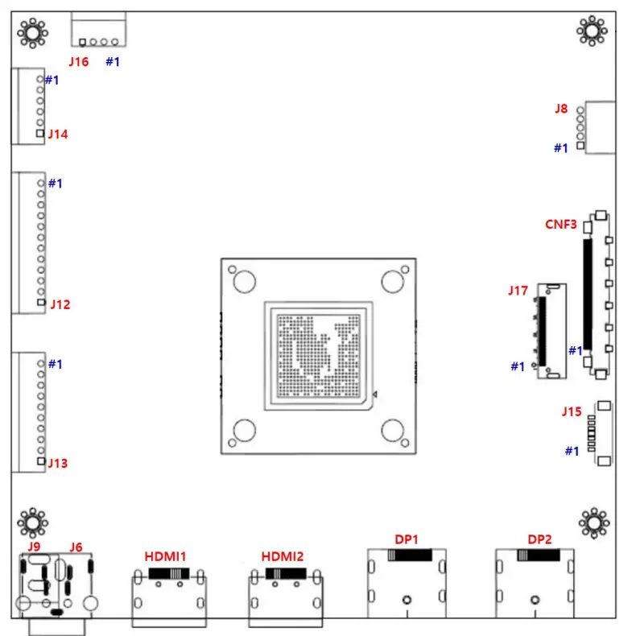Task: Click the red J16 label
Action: (78, 61)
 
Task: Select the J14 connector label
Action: (58, 134)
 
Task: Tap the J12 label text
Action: (60, 304)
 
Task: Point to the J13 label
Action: (58, 463)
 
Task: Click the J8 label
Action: (561, 108)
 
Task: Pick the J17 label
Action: (518, 290)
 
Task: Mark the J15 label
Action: (571, 412)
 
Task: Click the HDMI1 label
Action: (165, 555)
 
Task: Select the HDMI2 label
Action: (283, 555)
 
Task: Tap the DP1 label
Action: (407, 539)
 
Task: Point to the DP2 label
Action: (539, 539)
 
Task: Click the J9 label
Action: (34, 547)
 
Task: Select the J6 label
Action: (76, 547)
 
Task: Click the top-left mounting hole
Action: (33, 32)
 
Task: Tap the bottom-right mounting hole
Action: (593, 524)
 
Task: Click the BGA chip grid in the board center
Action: (318, 354)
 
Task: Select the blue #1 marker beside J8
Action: (561, 148)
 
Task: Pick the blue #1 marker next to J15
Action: (571, 451)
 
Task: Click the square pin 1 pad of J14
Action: (40, 133)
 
